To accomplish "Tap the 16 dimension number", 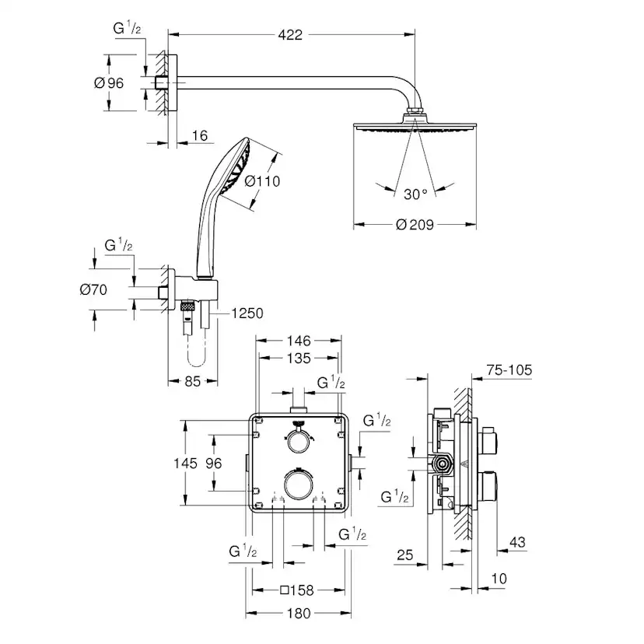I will (x=199, y=136).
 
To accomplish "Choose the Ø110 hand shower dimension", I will (x=261, y=181).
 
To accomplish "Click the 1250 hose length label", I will (x=247, y=313).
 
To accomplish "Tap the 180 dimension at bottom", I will (x=298, y=614).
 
